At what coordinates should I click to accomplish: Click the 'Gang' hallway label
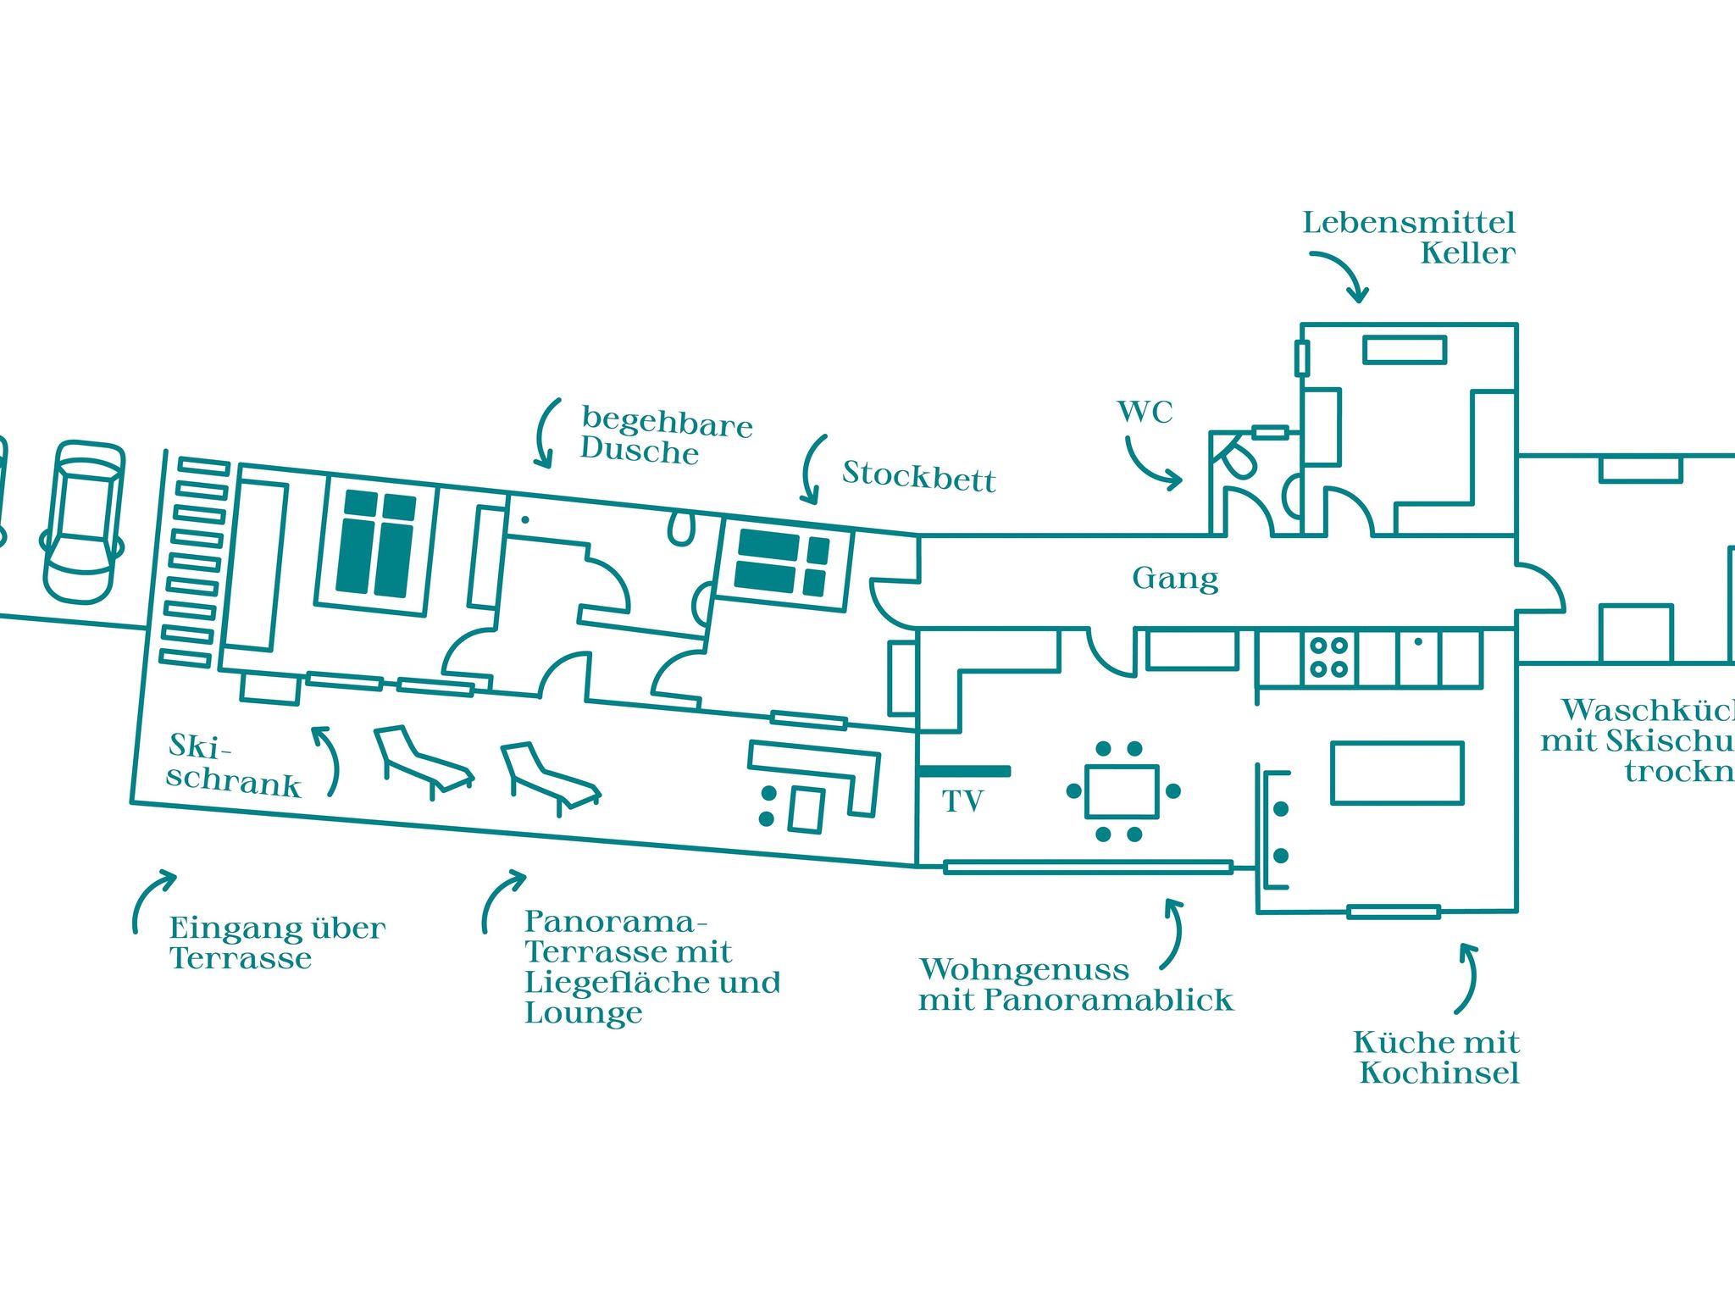[x=1175, y=579]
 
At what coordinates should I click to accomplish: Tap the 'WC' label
[x=1145, y=413]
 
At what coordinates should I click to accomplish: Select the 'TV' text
[x=962, y=801]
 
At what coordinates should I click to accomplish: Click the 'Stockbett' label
[x=919, y=477]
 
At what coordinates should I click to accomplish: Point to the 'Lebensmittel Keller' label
[x=1409, y=238]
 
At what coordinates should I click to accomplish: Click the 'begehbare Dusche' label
[x=666, y=436]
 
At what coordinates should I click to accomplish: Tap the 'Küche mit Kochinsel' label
[x=1437, y=1057]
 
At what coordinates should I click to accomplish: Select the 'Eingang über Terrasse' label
[x=277, y=943]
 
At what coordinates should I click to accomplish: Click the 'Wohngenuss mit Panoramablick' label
[x=1075, y=984]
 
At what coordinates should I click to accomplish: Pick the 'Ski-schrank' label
[x=233, y=766]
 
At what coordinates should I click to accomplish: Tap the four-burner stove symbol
[x=1328, y=657]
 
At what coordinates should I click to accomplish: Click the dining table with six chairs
[x=1122, y=791]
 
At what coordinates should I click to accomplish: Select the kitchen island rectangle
[x=1397, y=772]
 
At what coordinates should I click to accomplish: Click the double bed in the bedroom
[x=377, y=543]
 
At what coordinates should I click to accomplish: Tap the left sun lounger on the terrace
[x=422, y=760]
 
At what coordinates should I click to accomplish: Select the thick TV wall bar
[x=964, y=771]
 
